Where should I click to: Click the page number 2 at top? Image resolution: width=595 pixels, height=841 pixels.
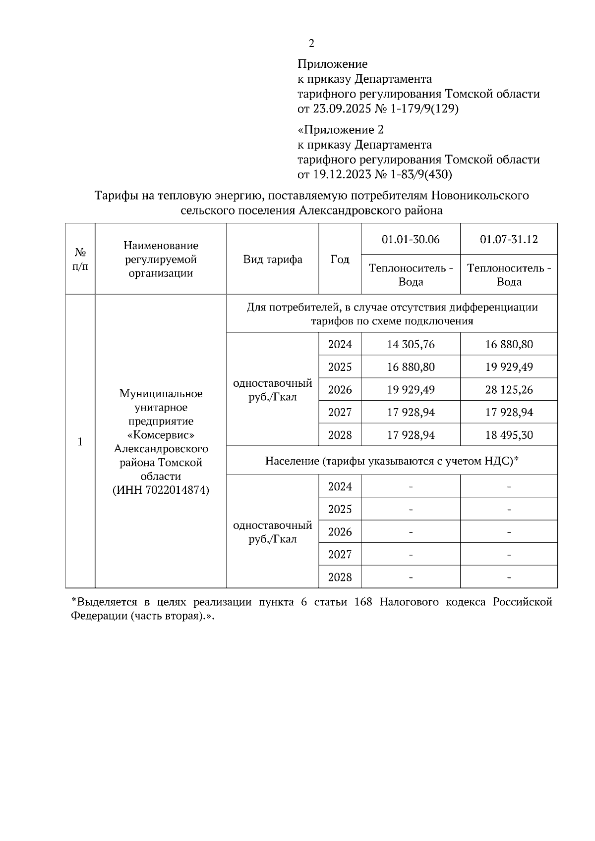[311, 44]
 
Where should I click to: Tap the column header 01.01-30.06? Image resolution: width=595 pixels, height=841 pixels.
[410, 240]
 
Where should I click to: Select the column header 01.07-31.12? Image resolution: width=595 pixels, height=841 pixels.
[509, 240]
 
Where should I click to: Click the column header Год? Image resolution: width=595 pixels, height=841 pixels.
[340, 260]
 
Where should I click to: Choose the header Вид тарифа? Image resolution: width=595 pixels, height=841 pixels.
[273, 260]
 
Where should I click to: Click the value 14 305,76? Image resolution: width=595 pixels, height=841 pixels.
[410, 344]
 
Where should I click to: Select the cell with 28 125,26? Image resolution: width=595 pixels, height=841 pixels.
[509, 390]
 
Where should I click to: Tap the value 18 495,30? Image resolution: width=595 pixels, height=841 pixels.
[509, 435]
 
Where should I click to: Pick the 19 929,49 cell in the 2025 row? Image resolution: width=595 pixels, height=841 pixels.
[509, 367]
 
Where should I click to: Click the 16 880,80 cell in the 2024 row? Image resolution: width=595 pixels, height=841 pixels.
[509, 344]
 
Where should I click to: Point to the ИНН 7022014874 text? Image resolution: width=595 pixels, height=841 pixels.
[161, 490]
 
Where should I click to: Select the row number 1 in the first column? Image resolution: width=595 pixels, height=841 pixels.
[80, 442]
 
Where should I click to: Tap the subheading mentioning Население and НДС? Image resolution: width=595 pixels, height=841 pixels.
[392, 461]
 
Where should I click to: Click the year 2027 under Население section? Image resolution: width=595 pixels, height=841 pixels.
[340, 555]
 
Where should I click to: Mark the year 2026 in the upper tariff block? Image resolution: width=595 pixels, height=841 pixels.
[340, 390]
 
